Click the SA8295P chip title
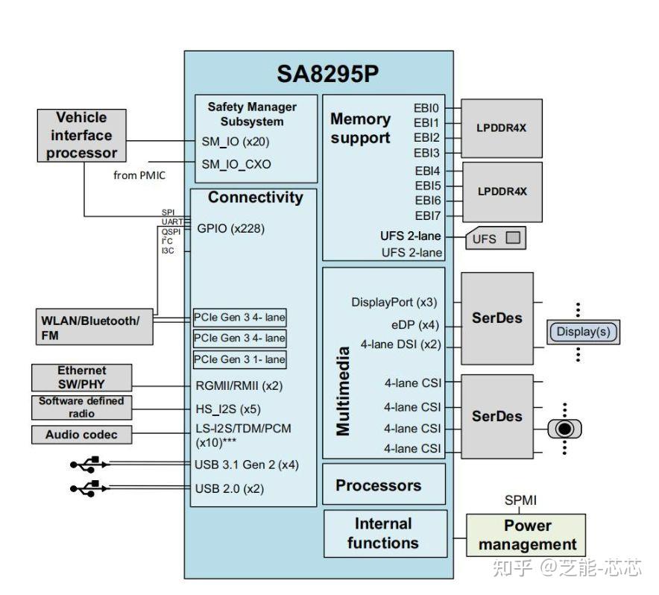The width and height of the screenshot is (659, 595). [x=327, y=74]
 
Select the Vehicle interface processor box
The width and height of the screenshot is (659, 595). [x=81, y=136]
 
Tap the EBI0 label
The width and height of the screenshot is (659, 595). [x=426, y=108]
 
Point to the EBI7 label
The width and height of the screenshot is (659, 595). [x=427, y=215]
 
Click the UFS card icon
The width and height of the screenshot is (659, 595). [x=496, y=239]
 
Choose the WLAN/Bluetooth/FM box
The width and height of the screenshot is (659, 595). [x=95, y=327]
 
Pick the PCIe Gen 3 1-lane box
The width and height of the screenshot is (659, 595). [x=239, y=359]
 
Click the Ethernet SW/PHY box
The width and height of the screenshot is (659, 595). [x=81, y=377]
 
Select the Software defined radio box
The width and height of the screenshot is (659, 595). [x=81, y=407]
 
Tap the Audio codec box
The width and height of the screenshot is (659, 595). [x=81, y=435]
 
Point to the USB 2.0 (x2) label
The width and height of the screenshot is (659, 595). [x=230, y=488]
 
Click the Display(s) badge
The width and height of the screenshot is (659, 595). [x=583, y=332]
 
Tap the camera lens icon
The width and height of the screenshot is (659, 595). [x=564, y=429]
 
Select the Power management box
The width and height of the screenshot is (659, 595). [x=526, y=535]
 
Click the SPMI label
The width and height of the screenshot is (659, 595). [x=520, y=500]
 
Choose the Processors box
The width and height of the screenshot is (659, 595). [x=384, y=485]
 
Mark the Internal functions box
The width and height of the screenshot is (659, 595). [x=385, y=534]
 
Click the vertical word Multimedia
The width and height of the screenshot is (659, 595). [x=343, y=391]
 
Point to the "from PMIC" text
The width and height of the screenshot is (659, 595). [x=139, y=175]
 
